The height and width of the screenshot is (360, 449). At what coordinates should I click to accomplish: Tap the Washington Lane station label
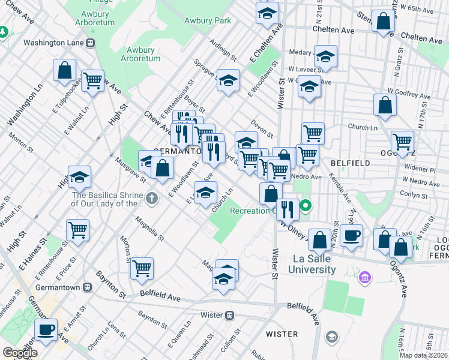(55, 43)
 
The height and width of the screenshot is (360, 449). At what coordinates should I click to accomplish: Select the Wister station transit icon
(229, 315)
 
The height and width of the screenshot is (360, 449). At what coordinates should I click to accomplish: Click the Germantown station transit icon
(88, 286)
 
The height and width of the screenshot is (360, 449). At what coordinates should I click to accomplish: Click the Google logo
(19, 353)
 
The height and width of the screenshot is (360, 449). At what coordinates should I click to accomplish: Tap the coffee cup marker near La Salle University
(352, 235)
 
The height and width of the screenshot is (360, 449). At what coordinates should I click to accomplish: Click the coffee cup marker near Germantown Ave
(46, 328)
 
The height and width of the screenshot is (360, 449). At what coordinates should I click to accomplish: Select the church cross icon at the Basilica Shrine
(152, 197)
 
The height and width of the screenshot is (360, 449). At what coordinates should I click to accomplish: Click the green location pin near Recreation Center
(306, 207)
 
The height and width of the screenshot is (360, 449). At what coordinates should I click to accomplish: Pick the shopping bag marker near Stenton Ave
(382, 22)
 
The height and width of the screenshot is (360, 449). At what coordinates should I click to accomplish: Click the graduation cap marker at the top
(268, 13)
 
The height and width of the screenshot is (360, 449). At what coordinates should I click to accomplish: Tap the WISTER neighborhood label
(282, 334)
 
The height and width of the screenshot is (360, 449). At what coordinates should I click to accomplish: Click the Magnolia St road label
(150, 230)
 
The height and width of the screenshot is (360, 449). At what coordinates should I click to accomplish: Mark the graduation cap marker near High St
(79, 177)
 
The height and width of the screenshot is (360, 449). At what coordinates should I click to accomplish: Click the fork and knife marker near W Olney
(288, 209)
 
